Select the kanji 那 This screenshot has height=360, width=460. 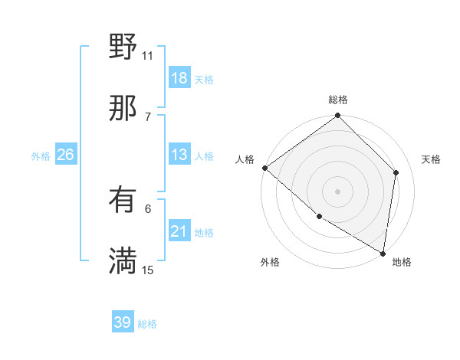123,109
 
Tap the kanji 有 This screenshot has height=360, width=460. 123,201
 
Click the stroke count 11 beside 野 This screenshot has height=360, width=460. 148,55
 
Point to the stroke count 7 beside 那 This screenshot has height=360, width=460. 148,116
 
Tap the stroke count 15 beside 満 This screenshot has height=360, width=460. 148,270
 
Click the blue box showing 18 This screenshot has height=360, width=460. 179,78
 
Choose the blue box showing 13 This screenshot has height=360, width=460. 179,155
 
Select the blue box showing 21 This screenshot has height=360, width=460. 179,231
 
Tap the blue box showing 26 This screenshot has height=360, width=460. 66,155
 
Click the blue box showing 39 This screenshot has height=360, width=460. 123,322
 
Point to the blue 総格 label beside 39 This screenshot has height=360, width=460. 148,324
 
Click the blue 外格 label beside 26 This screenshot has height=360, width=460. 41,156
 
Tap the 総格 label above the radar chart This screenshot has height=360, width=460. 338,100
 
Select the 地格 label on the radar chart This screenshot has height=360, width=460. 402,263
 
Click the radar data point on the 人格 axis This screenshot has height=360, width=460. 264,168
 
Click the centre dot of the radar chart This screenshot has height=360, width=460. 338,191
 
